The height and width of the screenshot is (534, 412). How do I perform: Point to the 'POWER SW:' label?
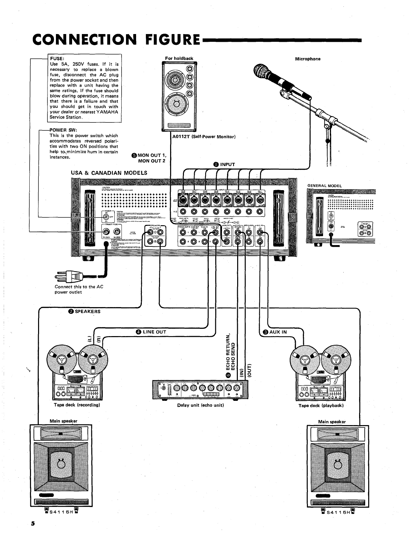point(63,130)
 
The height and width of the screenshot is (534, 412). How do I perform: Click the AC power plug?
point(69,277)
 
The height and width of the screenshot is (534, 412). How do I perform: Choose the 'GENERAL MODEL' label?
point(324,186)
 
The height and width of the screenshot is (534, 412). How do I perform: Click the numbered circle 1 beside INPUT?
point(216,165)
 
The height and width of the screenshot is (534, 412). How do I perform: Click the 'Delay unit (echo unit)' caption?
point(200,405)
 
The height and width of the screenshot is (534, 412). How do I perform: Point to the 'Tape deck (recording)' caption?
point(77,405)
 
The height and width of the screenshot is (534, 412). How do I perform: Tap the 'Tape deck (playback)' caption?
point(321,405)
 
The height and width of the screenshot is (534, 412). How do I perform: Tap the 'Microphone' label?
point(308,59)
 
